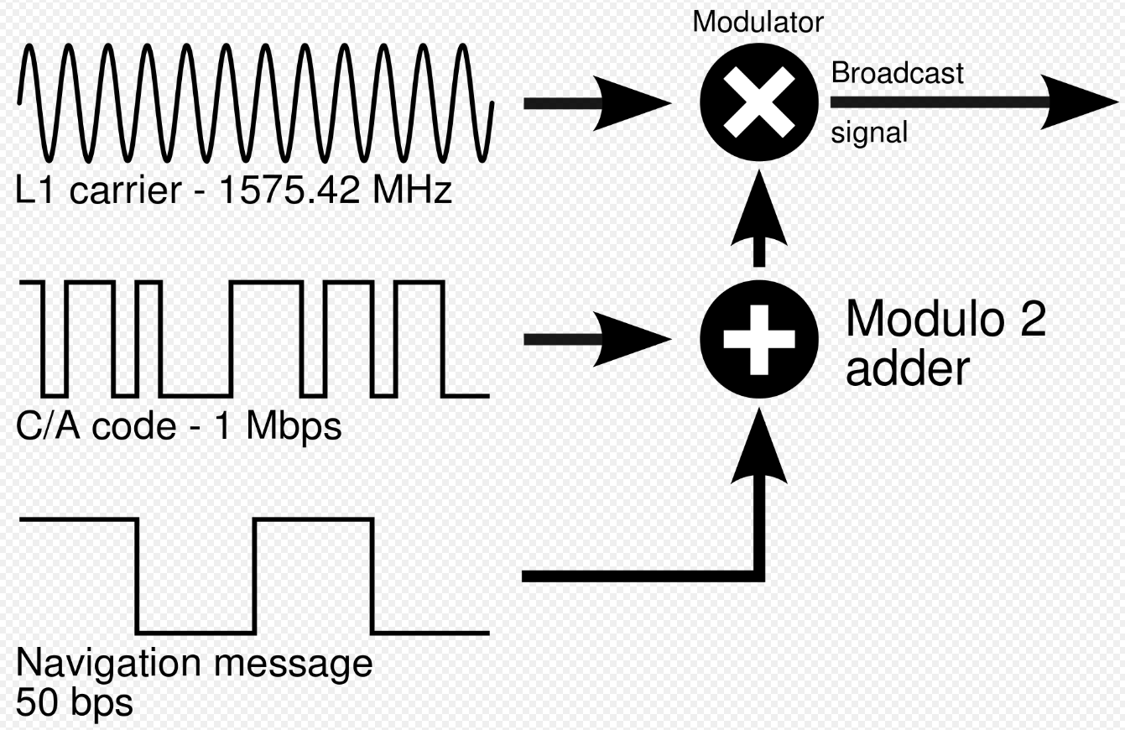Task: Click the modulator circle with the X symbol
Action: click(x=759, y=103)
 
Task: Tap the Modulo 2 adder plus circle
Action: click(x=759, y=339)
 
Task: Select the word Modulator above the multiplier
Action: click(x=758, y=23)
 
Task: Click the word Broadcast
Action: click(x=897, y=74)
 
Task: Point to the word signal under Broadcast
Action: click(x=869, y=133)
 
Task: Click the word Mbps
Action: click(x=294, y=427)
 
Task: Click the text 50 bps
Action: click(x=74, y=701)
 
